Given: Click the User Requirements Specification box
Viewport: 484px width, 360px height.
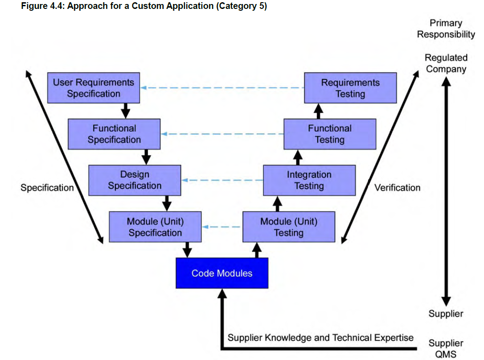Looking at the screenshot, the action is pos(94,88).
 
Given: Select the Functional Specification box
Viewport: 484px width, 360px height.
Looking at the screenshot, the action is pos(114,134).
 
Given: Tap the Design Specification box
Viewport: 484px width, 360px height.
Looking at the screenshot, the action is pos(135,180).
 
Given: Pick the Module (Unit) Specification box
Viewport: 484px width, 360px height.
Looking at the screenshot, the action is pos(155,227).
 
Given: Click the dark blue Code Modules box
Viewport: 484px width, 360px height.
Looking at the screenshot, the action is pos(222,273).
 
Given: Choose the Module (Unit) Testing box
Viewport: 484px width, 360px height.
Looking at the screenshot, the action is pos(289,227).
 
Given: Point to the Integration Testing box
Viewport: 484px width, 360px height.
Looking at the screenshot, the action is pos(309,180).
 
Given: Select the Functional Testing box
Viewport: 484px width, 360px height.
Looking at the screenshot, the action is pos(330,134).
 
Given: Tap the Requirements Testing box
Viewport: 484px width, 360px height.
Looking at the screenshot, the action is pos(350,88).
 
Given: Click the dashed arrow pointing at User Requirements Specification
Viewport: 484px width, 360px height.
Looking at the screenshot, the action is pos(222,88).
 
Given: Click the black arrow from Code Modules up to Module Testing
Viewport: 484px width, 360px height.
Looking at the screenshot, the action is pos(257,250).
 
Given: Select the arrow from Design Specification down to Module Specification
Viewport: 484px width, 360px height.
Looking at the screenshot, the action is pos(167,203).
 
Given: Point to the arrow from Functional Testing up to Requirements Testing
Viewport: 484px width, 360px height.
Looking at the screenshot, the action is pos(319,111).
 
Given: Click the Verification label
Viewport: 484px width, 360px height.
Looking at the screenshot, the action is pos(397,187).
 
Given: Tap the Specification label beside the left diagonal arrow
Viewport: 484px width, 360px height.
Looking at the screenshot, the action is pos(47,187).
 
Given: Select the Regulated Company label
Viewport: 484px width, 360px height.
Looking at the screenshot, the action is pos(446,63).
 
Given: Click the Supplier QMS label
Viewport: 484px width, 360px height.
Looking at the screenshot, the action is pos(446,348).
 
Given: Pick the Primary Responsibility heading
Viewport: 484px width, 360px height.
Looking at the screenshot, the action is pos(446,29).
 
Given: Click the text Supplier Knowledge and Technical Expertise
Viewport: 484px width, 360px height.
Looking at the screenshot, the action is pos(320,337).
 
